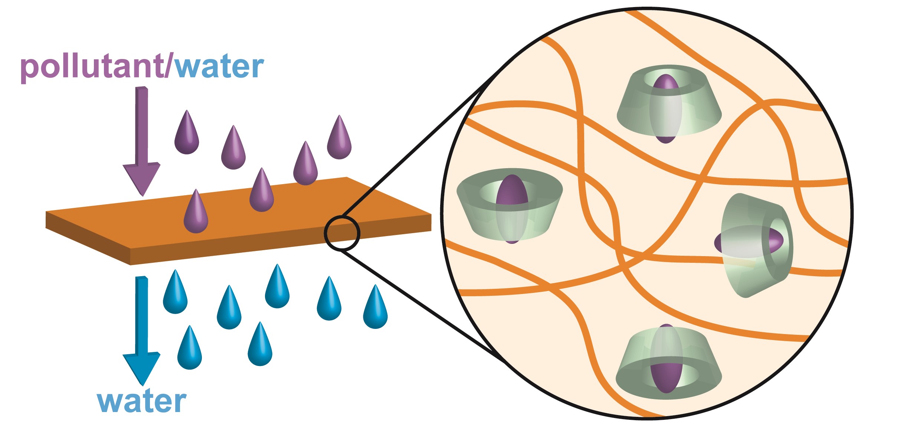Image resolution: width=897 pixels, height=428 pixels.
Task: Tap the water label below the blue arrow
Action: coord(141,402)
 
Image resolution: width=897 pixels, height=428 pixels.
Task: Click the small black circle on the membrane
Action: coord(342,233)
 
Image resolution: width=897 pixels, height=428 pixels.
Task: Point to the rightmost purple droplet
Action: coord(339,139)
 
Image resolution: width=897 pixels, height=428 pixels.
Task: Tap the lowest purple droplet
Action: coord(196,213)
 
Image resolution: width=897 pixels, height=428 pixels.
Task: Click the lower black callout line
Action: coord(419,303)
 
